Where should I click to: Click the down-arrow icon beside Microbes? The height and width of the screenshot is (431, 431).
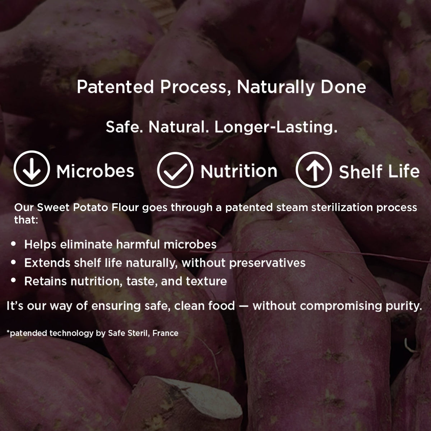pos(32,169)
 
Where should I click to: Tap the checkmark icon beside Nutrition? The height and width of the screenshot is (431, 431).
pos(175,170)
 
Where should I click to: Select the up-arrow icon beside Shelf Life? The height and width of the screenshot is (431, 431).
pos(314,170)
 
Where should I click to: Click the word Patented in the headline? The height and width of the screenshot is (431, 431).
pos(115,87)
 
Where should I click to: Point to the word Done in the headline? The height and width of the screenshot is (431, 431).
pos(343,87)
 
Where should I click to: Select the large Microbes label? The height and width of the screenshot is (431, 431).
pos(95,171)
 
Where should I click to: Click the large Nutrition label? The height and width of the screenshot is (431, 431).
pos(239,171)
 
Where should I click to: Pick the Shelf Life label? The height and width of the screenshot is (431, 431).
pos(379,171)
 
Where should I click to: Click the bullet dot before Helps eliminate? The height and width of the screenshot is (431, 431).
pos(13,244)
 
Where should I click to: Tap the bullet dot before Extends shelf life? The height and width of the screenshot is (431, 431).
pos(13,262)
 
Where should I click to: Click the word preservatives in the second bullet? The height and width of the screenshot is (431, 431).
pos(267,263)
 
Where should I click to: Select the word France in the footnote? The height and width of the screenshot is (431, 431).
pos(165,333)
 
